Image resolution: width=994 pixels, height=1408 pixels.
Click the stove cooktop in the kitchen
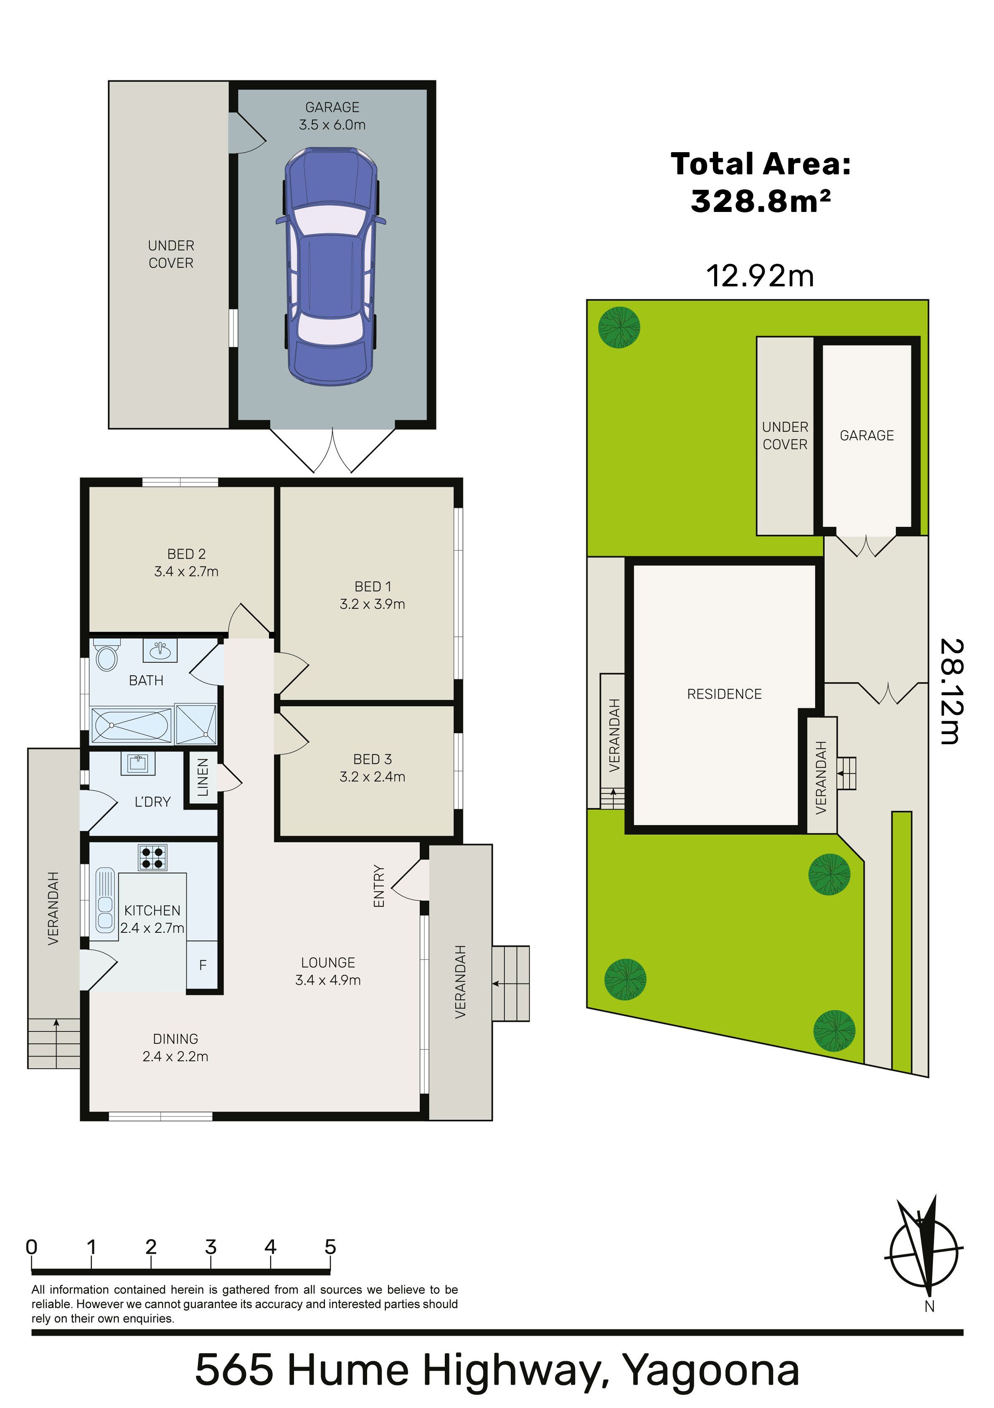(152, 857)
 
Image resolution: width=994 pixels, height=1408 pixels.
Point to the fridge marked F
(202, 964)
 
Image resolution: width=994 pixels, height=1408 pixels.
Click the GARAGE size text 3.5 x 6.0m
(332, 125)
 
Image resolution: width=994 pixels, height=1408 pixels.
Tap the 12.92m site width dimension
(760, 275)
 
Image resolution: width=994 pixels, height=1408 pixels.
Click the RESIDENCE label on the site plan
(724, 694)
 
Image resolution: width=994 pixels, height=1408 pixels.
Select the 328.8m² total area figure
(761, 201)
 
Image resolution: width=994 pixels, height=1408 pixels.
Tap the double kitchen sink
(105, 900)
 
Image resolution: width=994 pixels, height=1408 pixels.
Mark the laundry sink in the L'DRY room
(137, 763)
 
